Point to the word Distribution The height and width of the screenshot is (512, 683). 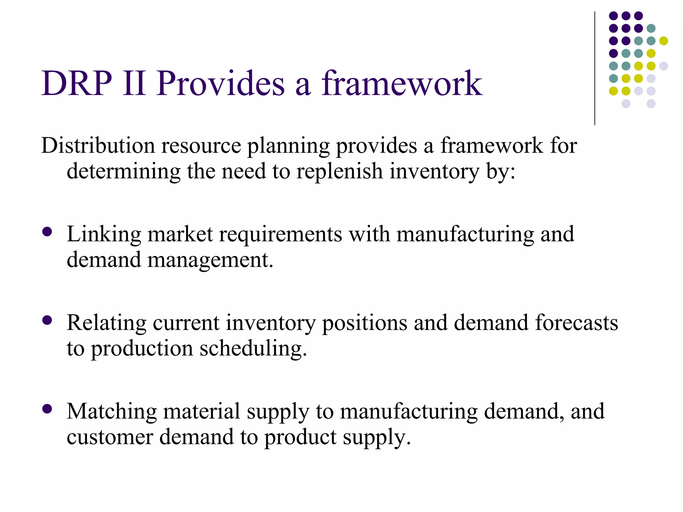98,146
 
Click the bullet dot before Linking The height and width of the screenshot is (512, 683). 47,232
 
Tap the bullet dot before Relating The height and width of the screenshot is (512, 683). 47,320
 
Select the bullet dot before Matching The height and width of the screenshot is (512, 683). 47,409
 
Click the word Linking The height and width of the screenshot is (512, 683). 104,234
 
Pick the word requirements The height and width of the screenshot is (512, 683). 280,234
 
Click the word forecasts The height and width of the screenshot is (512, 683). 577,323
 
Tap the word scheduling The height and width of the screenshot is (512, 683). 253,349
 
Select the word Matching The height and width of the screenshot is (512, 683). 112,411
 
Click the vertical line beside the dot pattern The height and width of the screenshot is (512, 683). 595,68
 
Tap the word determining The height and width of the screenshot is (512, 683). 123,171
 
